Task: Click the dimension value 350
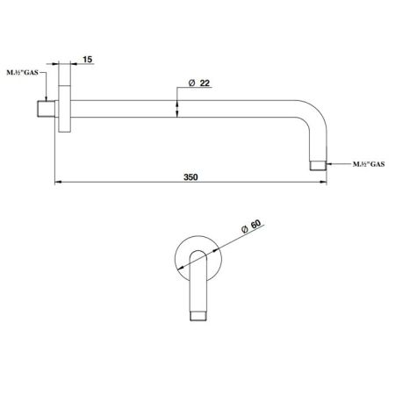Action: pyautogui.click(x=191, y=176)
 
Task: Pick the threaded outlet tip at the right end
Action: pyautogui.click(x=319, y=164)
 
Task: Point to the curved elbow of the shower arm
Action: pyautogui.click(x=314, y=123)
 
